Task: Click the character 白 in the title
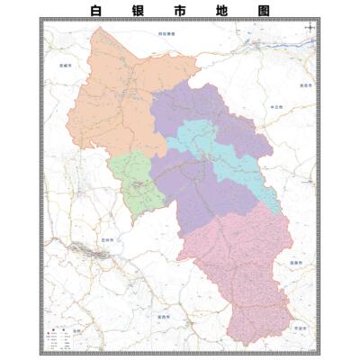click(99, 10)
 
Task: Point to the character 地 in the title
click(223, 10)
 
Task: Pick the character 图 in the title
click(263, 10)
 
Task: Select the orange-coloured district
click(112, 99)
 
